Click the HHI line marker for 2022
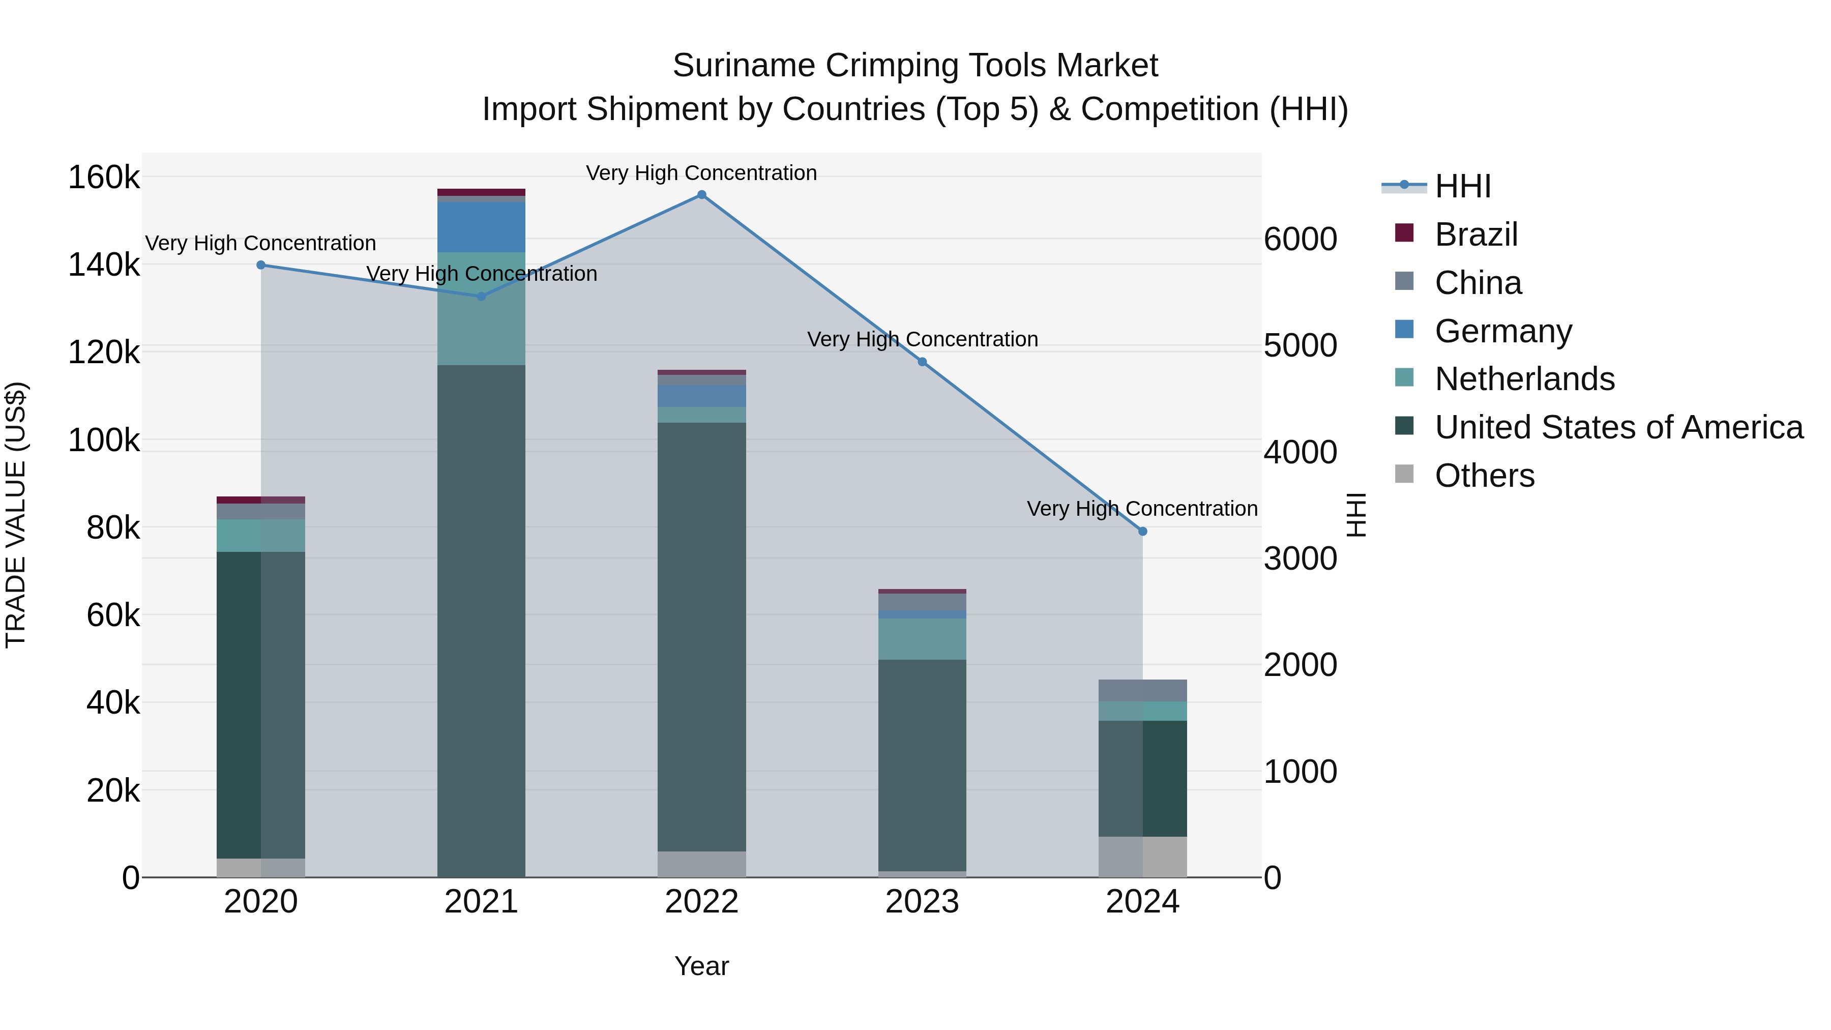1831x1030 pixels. pyautogui.click(x=701, y=195)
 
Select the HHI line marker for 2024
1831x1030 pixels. pyautogui.click(x=1142, y=531)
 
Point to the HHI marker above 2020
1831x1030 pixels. pyautogui.click(x=261, y=265)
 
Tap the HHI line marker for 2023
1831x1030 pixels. pyautogui.click(x=922, y=362)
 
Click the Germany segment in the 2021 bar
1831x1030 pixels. pyautogui.click(x=481, y=227)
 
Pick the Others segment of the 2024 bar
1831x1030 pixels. pyautogui.click(x=1142, y=857)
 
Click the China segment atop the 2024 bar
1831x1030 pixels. pyautogui.click(x=1142, y=690)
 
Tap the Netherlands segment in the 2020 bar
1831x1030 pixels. pyautogui.click(x=261, y=535)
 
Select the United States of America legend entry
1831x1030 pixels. pyautogui.click(x=1618, y=427)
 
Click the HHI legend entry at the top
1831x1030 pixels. pyautogui.click(x=1462, y=186)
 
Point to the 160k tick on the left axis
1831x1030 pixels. pyautogui.click(x=104, y=177)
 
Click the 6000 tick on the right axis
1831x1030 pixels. pyautogui.click(x=1300, y=239)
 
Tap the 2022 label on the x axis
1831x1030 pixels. pyautogui.click(x=701, y=902)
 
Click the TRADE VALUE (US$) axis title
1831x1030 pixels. pyautogui.click(x=16, y=515)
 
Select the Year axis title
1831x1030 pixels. pyautogui.click(x=701, y=966)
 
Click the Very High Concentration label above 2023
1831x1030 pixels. pyautogui.click(x=922, y=339)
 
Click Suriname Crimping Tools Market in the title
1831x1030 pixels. pyautogui.click(x=915, y=66)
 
